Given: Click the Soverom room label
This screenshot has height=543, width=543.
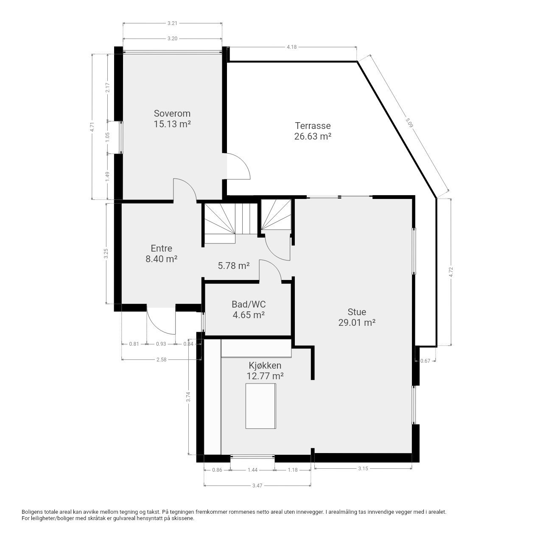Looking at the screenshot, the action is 172,114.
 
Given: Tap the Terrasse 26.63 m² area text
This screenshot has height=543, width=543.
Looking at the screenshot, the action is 313,131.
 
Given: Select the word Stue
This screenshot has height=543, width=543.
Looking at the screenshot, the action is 357,312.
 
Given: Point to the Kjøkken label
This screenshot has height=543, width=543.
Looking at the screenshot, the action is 265,366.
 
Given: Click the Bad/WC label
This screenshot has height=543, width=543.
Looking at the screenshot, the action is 249,304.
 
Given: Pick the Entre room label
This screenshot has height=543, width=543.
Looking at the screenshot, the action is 162,248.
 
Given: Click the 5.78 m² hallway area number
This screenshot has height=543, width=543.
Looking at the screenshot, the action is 234,266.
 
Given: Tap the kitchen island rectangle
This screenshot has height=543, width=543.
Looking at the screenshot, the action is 260,406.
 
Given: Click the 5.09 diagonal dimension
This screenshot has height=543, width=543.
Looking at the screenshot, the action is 409,123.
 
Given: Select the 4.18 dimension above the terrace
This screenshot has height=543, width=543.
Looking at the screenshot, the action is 291,47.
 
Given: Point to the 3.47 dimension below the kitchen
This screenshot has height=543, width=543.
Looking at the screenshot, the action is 257,485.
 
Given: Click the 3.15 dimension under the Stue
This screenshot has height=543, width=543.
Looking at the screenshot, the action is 363,469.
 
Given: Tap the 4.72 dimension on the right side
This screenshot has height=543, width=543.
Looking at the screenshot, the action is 451,272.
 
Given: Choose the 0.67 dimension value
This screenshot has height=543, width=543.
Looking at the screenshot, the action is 425,361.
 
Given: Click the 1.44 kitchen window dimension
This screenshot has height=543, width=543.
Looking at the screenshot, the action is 252,470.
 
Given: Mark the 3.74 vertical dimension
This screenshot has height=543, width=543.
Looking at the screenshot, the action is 188,397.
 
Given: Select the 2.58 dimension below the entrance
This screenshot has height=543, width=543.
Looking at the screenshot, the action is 162,360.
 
